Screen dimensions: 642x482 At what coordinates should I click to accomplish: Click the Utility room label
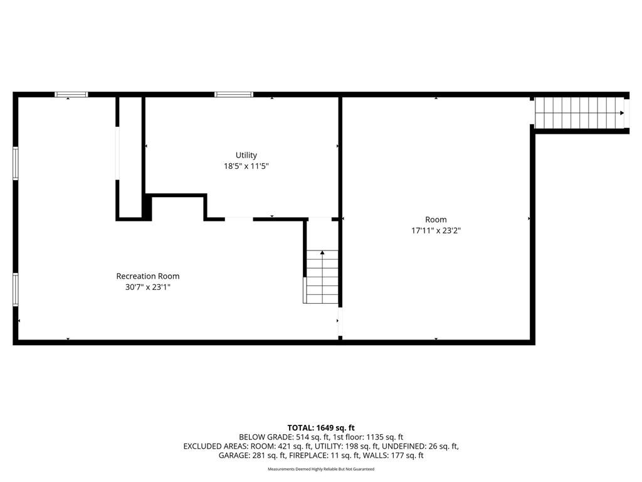[x=246, y=156]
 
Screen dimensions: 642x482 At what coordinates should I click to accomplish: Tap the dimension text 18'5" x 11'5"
[x=246, y=166]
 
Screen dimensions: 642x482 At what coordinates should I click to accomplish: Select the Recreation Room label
[x=148, y=276]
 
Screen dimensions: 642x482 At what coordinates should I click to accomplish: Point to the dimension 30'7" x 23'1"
[x=148, y=287]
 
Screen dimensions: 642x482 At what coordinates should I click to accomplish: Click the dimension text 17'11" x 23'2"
[x=436, y=231]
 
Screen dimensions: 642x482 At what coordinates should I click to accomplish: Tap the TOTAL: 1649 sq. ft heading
[x=321, y=428]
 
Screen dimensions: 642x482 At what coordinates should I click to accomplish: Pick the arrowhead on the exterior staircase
[x=622, y=113]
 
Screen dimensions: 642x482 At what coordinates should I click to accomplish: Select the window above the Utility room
[x=234, y=95]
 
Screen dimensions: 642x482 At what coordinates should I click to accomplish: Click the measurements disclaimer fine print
[x=321, y=469]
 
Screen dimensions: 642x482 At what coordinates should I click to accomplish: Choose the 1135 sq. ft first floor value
[x=384, y=437]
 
